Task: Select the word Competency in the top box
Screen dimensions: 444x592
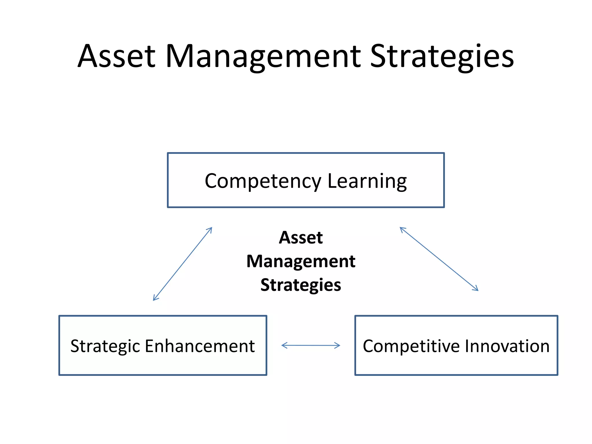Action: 263,182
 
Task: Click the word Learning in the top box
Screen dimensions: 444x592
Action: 367,182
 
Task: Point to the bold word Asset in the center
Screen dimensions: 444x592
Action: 301,238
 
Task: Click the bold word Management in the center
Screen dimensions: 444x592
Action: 301,261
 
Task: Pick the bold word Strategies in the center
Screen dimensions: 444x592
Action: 301,285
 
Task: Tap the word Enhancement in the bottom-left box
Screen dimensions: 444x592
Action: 200,346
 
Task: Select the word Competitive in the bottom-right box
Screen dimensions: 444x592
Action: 411,346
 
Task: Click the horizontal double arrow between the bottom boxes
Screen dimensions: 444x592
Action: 311,345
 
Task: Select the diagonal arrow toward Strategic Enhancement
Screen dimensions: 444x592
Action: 182,264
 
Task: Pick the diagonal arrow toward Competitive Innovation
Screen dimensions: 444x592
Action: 439,259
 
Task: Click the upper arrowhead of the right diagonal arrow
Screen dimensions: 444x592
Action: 402,229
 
